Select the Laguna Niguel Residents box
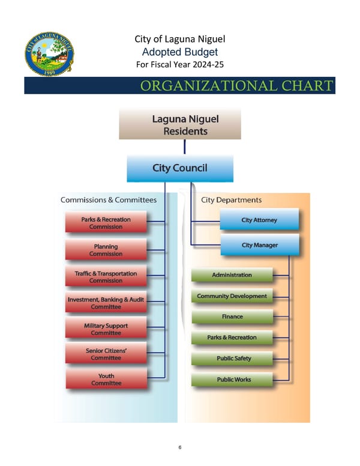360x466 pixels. coord(180,124)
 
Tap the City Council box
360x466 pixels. coord(180,168)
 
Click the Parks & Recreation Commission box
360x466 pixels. coord(106,223)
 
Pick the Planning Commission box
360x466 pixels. coord(106,250)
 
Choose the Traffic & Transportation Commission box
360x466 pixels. coord(106,277)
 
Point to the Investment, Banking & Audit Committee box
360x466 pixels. coord(106,303)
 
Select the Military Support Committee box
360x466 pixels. coord(106,329)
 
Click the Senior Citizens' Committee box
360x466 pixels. coord(106,354)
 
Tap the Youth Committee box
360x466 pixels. coord(106,380)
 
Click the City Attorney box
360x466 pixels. coord(259,220)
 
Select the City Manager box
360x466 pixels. coord(259,246)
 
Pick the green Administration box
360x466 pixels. coord(232,275)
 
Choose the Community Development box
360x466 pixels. coord(232,296)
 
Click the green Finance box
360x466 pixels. coord(232,316)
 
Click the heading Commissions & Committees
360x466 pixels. coord(109,200)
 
